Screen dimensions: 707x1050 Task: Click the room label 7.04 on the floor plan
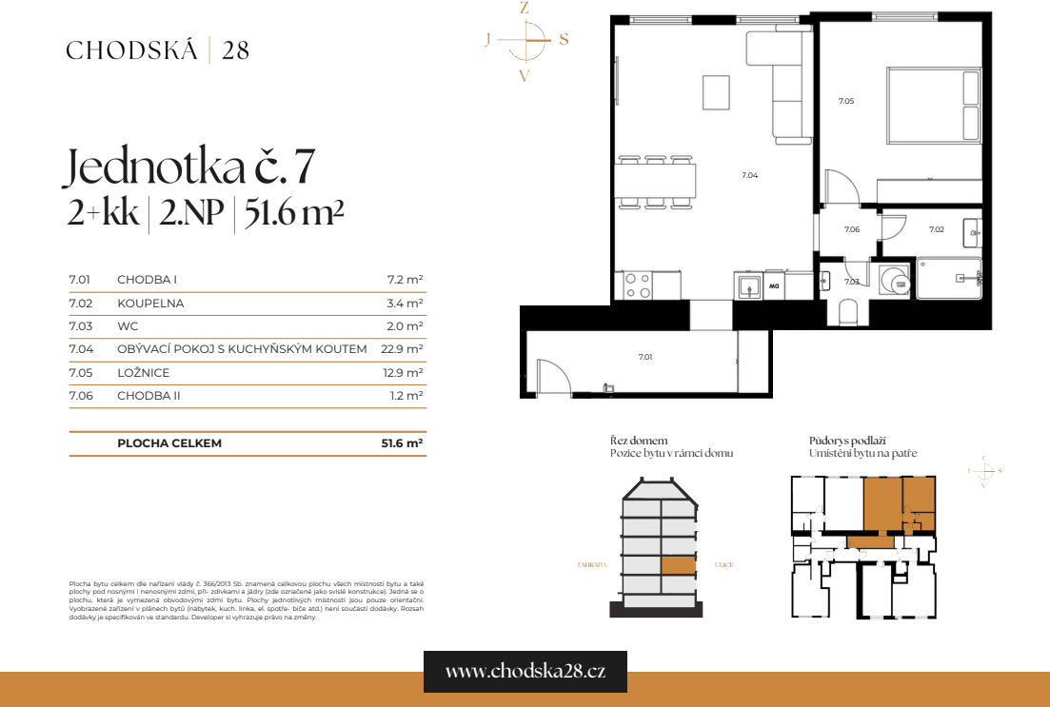click(x=749, y=175)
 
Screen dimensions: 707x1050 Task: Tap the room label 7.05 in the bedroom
click(x=845, y=101)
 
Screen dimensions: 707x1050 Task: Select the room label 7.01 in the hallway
click(x=645, y=357)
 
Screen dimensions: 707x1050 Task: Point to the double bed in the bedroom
click(x=933, y=105)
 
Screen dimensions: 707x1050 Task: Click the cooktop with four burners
click(x=637, y=285)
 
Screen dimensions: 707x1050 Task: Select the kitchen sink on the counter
click(x=748, y=285)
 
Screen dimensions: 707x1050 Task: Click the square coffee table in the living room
click(x=716, y=92)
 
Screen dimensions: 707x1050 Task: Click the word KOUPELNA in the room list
click(x=150, y=304)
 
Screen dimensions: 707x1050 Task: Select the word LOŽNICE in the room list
click(x=143, y=373)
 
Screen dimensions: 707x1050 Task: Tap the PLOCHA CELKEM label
click(x=169, y=443)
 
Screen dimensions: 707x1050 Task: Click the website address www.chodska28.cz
click(x=525, y=671)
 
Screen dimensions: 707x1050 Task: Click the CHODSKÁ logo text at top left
click(x=132, y=50)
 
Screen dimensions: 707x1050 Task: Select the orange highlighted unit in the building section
click(x=679, y=565)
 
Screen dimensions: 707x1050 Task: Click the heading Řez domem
click(x=639, y=441)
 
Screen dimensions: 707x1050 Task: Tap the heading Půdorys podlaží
click(x=848, y=441)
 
